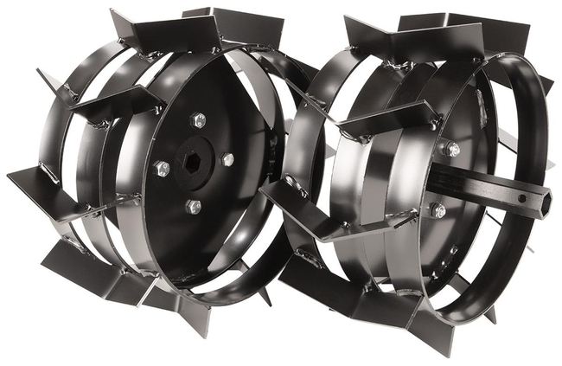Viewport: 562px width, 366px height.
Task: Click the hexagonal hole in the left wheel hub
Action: [x=192, y=160]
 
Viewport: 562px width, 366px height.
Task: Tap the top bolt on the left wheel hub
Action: [x=198, y=121]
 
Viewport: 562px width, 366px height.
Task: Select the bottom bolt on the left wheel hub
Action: [x=194, y=207]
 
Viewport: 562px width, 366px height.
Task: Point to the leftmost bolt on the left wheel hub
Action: [x=161, y=168]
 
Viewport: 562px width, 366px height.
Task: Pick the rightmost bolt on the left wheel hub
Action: [x=227, y=160]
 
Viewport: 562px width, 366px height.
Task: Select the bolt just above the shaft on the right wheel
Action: [x=450, y=148]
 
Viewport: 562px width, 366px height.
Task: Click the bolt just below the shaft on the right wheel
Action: [x=437, y=209]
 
